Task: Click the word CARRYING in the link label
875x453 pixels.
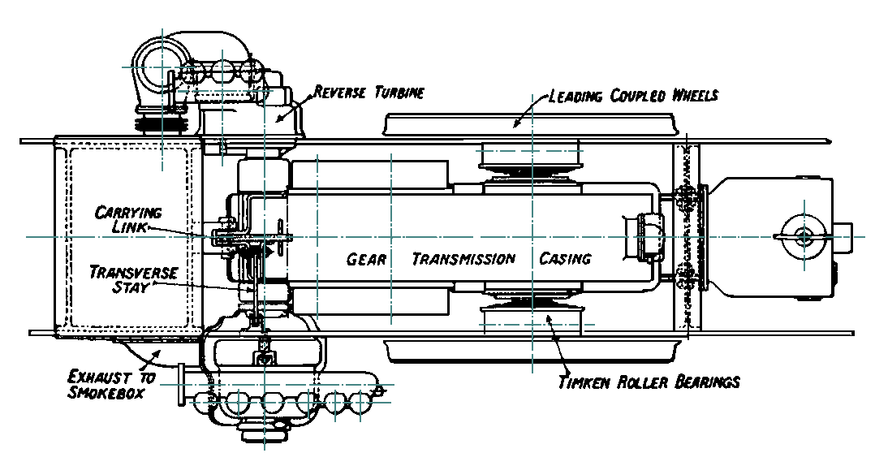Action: pyautogui.click(x=128, y=213)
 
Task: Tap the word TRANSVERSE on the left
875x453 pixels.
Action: pyautogui.click(x=133, y=271)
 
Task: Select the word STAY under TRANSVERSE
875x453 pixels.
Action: pyautogui.click(x=134, y=287)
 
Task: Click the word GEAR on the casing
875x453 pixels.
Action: pyautogui.click(x=366, y=260)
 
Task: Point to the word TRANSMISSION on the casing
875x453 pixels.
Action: pyautogui.click(x=463, y=260)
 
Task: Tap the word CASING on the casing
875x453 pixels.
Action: pyautogui.click(x=565, y=260)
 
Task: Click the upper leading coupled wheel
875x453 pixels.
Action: pyautogui.click(x=531, y=124)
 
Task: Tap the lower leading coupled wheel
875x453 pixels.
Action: pyautogui.click(x=531, y=351)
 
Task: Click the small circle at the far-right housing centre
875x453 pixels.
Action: pyautogui.click(x=804, y=235)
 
